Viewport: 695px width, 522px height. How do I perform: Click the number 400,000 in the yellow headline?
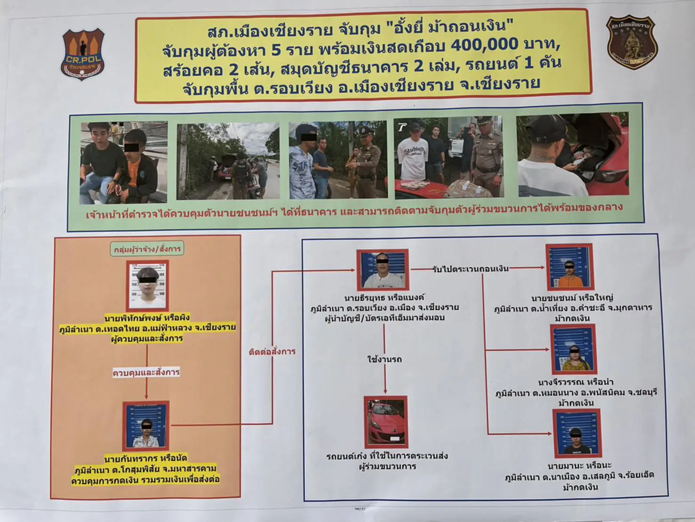[485, 45]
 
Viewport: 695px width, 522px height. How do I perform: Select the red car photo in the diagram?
[385, 421]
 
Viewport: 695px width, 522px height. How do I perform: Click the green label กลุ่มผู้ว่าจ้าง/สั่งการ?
[147, 248]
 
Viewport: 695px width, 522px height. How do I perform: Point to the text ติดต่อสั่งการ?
[272, 351]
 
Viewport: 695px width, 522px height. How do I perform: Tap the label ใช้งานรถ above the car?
[384, 359]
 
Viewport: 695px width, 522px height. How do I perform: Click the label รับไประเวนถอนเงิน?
[470, 269]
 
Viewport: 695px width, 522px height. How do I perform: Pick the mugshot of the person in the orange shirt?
[569, 267]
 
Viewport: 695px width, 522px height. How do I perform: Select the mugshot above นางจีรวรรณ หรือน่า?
[573, 349]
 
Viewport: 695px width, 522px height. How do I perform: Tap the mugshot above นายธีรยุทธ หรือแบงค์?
[382, 270]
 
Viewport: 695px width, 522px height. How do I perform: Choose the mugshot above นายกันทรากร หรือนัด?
[146, 425]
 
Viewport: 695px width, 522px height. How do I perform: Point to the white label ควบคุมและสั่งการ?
[146, 373]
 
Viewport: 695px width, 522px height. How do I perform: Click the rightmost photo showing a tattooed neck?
[573, 155]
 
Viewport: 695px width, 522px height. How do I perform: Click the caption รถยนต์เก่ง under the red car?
[387, 457]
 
